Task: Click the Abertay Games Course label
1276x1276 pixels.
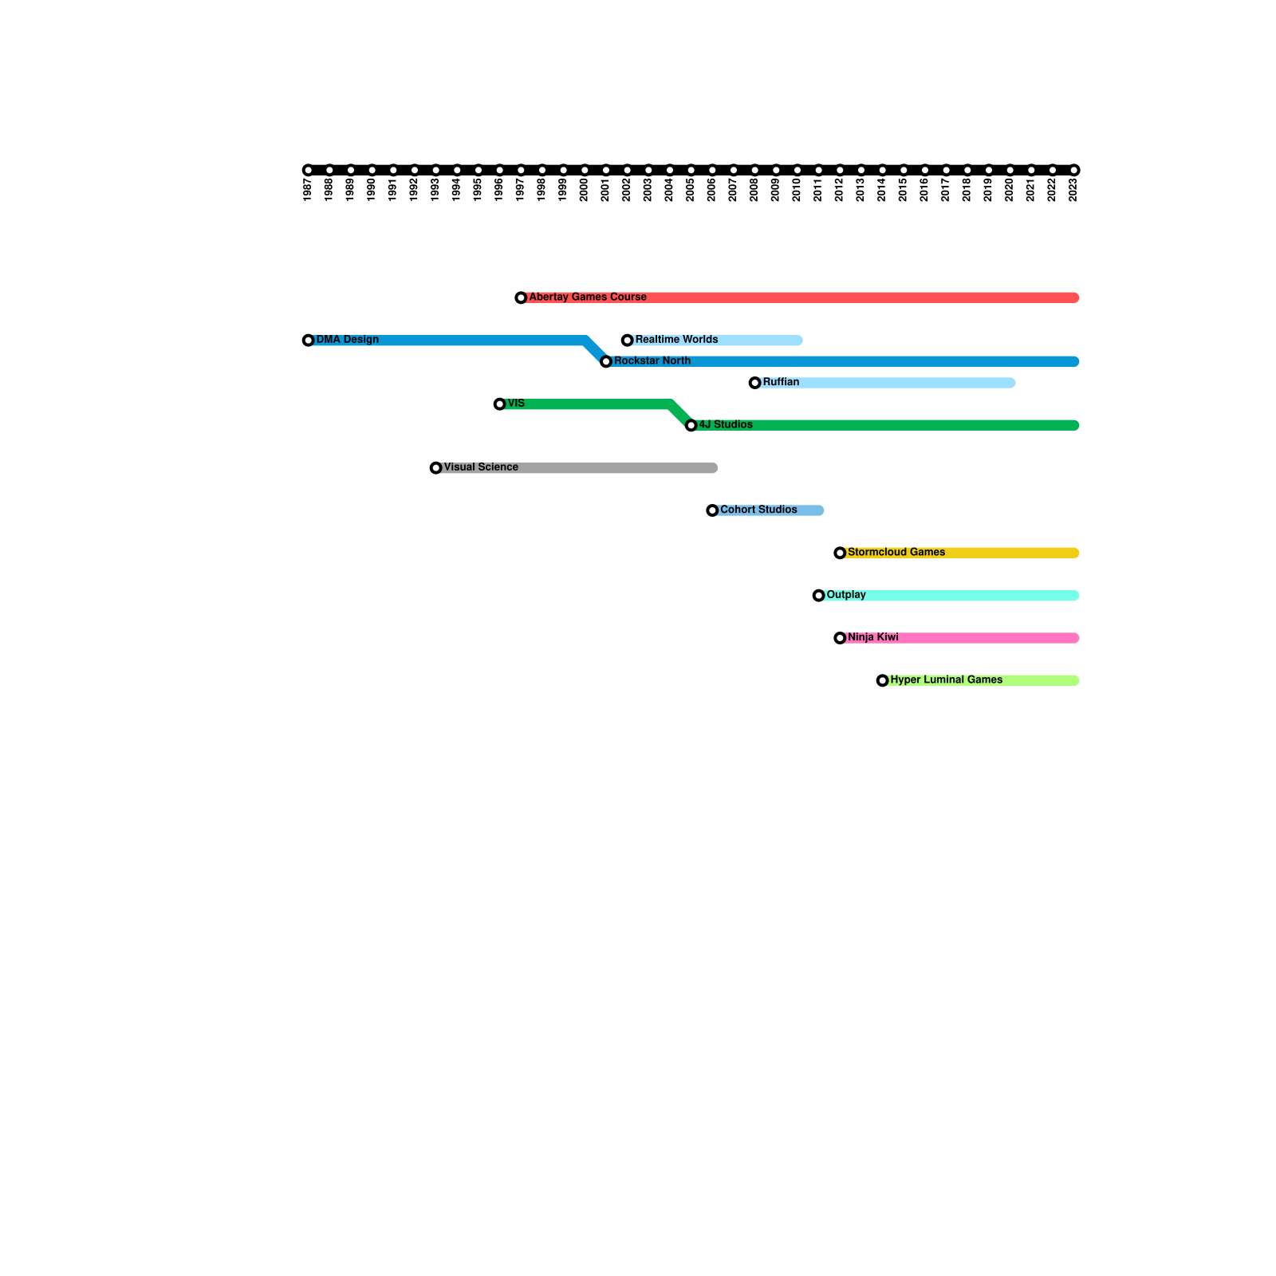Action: coord(588,297)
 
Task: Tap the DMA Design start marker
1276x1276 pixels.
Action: coord(308,341)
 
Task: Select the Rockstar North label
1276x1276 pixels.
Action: coord(652,361)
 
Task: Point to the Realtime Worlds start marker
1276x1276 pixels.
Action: coord(627,341)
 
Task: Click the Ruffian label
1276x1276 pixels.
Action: coord(781,383)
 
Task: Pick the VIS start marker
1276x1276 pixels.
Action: coord(499,404)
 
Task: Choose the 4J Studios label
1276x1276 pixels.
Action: coord(726,425)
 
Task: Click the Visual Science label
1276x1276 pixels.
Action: coord(481,467)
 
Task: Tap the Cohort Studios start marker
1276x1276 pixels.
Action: coord(712,510)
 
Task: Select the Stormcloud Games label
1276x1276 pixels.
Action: coord(896,553)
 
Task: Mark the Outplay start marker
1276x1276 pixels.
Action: coord(818,596)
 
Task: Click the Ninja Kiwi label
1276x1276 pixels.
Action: coord(873,638)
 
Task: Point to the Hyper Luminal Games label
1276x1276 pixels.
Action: coord(947,680)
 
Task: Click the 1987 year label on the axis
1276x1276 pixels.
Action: coord(308,190)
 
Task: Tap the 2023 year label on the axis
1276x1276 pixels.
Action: coord(1073,190)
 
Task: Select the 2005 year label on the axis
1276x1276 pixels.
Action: coord(691,190)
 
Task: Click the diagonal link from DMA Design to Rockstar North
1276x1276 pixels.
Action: coord(596,351)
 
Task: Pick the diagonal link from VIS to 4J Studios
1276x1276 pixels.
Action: coord(681,415)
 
